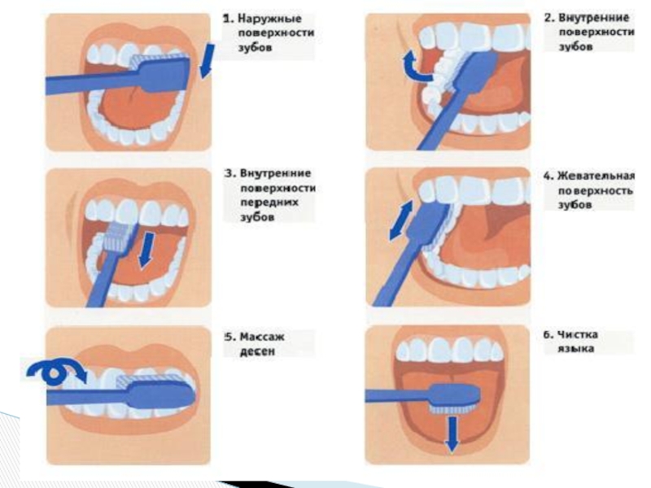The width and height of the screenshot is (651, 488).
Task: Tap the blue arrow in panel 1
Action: (x=207, y=62)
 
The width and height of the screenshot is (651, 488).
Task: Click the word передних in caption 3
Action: (x=264, y=203)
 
